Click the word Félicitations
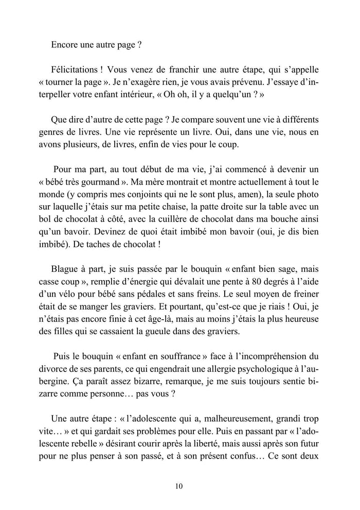click(x=76, y=68)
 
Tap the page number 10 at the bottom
click(x=179, y=485)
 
